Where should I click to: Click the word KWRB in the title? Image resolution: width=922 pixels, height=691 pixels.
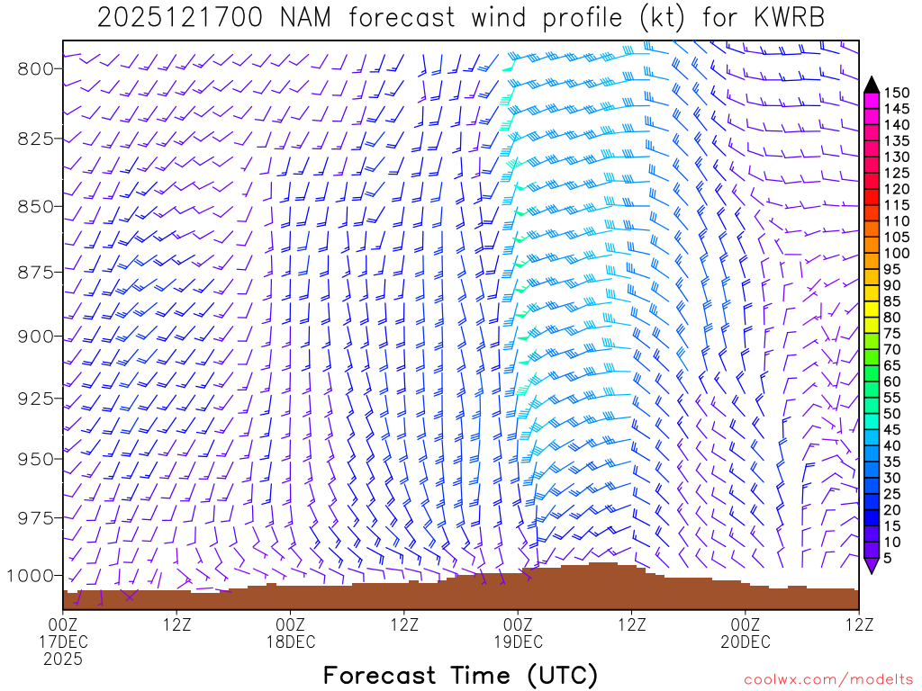(786, 18)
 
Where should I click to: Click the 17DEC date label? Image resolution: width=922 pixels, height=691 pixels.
(63, 642)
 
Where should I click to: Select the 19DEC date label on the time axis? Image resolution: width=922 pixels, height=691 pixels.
(518, 642)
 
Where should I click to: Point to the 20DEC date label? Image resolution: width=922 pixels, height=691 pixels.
(746, 642)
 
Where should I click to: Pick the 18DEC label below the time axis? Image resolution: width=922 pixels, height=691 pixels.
(290, 642)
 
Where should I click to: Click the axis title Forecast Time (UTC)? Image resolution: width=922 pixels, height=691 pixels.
(460, 675)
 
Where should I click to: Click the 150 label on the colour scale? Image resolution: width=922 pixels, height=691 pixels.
(897, 93)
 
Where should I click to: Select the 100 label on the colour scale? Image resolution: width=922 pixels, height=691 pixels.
(897, 253)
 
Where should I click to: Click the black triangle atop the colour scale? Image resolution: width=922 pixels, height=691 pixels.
(872, 85)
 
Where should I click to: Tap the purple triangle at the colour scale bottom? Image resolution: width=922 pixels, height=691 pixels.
(872, 566)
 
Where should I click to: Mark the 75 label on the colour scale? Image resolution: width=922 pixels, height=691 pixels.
(893, 333)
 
